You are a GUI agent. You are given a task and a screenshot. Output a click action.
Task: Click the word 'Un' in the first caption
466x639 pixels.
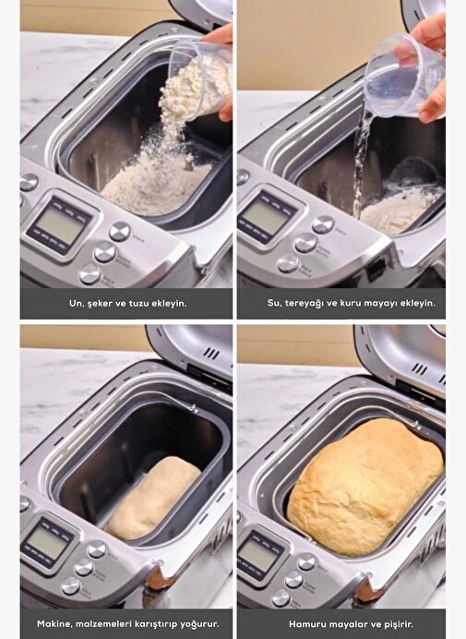75,303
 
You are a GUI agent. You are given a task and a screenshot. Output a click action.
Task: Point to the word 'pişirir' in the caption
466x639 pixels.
400,624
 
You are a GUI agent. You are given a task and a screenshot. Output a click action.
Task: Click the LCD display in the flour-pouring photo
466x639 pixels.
62,225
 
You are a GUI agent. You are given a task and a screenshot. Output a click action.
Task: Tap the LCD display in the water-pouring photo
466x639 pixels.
267,216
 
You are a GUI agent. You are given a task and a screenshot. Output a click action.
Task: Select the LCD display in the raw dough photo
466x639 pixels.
49,542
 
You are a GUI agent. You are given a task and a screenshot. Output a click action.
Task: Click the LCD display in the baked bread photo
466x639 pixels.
259,555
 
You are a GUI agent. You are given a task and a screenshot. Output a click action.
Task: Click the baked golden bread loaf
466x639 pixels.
365,487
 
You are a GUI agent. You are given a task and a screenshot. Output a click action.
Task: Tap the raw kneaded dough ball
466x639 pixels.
153,498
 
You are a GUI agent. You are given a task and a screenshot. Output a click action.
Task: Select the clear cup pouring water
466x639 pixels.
403,76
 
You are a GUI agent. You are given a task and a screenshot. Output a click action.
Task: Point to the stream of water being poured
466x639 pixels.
361,163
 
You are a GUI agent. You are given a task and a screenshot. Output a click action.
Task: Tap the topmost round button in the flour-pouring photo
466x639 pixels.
120,232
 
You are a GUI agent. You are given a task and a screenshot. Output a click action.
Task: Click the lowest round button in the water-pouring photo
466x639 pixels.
288,263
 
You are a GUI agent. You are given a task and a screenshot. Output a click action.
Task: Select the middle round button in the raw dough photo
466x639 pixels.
84,567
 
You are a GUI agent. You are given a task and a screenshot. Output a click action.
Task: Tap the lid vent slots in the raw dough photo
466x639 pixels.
210,352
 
